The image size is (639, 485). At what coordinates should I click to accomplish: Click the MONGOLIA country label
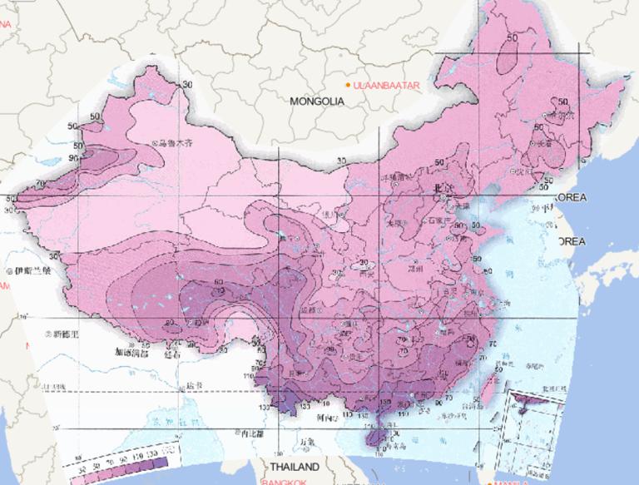tap(316, 101)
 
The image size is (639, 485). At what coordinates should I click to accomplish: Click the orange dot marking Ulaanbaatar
tap(349, 86)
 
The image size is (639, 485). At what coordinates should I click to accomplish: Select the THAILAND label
tap(291, 466)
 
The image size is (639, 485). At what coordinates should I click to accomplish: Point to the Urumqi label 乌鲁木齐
tap(177, 144)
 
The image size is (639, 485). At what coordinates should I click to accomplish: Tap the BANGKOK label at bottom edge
tap(286, 482)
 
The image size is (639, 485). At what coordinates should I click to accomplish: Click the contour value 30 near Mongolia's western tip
tap(186, 84)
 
